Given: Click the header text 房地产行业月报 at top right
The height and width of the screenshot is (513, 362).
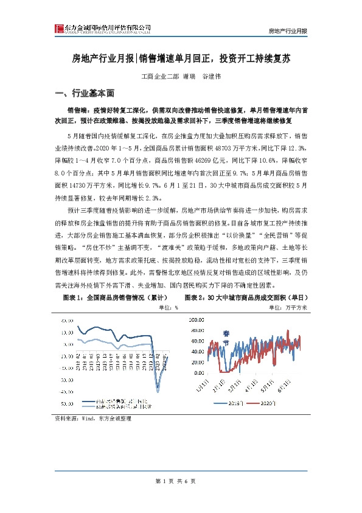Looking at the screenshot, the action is tap(288, 30).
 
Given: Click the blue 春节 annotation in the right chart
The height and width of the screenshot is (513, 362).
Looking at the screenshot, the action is tap(226, 336).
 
